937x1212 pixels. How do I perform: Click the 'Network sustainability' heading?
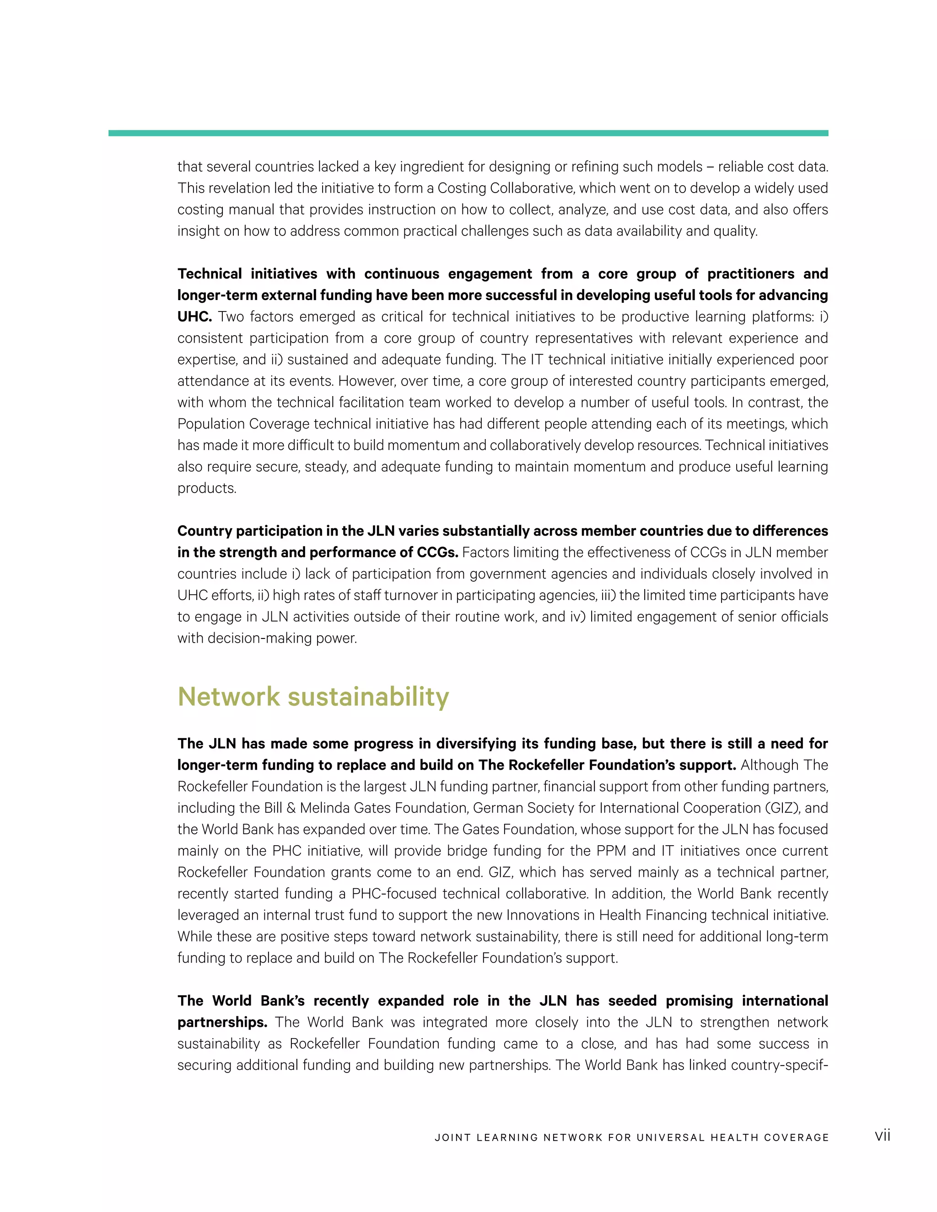pos(313,697)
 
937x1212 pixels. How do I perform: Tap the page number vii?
pos(882,1136)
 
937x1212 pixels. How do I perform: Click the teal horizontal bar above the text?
pos(468,133)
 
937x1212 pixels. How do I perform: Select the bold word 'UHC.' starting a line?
pos(194,317)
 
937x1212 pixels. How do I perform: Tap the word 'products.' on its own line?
pos(206,488)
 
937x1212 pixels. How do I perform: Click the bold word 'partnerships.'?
pos(222,1022)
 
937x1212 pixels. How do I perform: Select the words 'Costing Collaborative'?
pos(505,188)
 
